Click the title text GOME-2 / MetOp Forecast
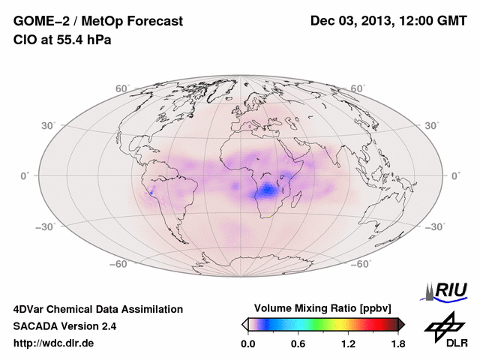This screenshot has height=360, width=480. point(97,21)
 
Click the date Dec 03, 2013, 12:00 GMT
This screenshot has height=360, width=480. point(388,21)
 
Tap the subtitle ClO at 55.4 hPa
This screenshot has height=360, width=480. point(62,40)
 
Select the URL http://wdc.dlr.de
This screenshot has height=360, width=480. point(54,343)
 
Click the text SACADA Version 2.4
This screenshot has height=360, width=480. point(65,326)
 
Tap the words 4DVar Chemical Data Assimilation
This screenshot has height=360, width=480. point(97,309)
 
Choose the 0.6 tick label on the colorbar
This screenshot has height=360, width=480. point(298,343)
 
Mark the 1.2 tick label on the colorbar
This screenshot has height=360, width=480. point(348,343)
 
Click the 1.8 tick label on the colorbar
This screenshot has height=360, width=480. point(398,343)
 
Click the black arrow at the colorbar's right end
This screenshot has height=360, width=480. point(401,324)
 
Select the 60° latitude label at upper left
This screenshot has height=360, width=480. point(122,88)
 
